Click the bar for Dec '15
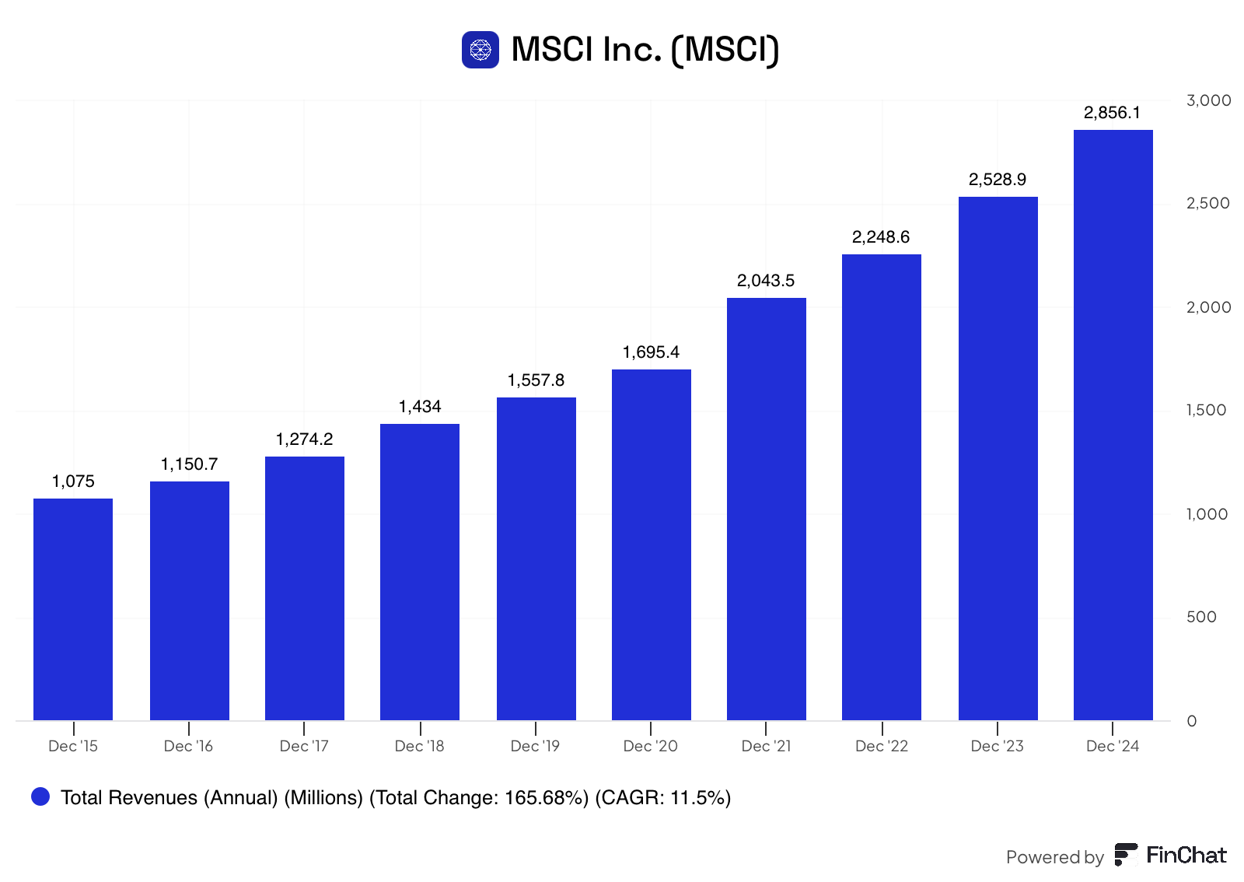point(73,609)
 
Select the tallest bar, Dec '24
point(1113,425)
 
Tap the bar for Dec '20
point(652,545)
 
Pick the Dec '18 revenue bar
point(420,572)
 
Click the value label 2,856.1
point(1112,113)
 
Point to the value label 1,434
point(420,407)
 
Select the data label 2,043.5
point(766,281)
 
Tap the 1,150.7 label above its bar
point(190,464)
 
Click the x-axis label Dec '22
point(882,746)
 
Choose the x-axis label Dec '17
point(304,746)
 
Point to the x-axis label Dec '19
point(535,746)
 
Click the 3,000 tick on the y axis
point(1208,100)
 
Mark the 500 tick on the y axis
point(1201,617)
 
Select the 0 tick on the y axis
point(1191,721)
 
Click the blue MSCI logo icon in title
point(480,50)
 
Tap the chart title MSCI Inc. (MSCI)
point(645,50)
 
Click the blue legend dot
point(40,796)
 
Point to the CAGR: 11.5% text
point(662,797)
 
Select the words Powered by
point(1054,858)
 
